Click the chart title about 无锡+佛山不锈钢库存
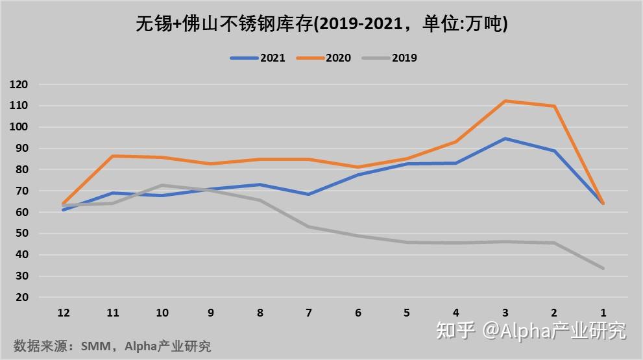point(321,25)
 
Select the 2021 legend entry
point(258,58)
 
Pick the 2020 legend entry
point(324,58)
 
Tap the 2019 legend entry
point(390,58)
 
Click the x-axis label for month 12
point(64,313)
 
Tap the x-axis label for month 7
point(309,313)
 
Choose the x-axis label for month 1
point(603,313)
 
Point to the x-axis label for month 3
point(505,313)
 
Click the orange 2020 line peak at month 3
point(505,101)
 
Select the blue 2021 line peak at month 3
point(505,139)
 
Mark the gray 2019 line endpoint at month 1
point(603,268)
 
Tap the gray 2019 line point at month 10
point(162,186)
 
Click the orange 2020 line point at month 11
point(113,156)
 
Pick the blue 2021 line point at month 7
point(309,194)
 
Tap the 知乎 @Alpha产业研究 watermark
point(531,330)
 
